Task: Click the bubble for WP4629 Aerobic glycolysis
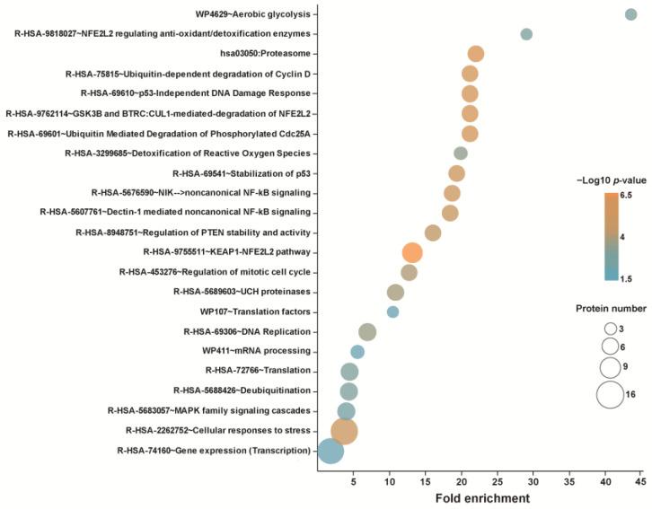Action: click(631, 14)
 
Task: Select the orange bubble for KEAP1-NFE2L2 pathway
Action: click(412, 252)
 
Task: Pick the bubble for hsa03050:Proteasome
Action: click(476, 54)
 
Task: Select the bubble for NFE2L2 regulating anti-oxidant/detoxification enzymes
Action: click(526, 34)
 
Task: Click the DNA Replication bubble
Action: click(367, 331)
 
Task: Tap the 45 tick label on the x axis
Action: click(640, 480)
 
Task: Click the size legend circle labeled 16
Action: click(610, 394)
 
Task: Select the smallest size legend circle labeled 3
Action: click(610, 329)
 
